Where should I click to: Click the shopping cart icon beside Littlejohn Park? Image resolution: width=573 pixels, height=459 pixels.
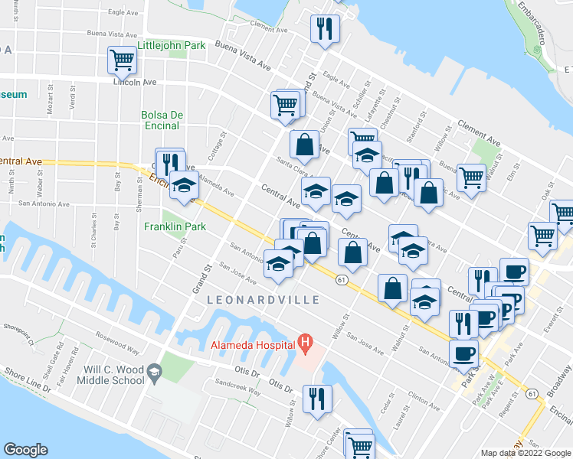click(122, 59)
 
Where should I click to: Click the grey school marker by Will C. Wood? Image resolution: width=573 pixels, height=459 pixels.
click(154, 372)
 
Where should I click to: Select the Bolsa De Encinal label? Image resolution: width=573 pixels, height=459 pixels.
click(162, 120)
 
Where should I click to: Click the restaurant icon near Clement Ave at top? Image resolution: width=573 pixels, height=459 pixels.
click(325, 28)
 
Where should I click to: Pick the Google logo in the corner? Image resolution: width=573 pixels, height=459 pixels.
click(25, 450)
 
